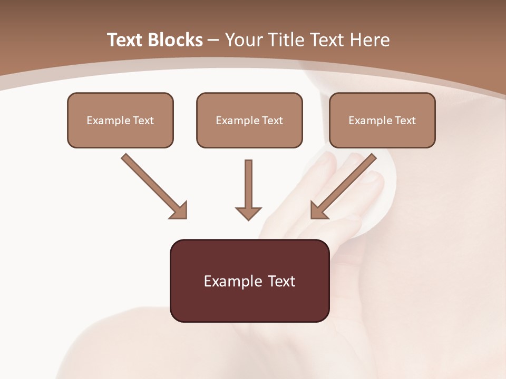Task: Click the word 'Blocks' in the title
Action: click(175, 40)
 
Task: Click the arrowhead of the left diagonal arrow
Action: click(179, 211)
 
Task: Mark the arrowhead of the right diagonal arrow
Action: click(319, 211)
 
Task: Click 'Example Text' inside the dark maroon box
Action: click(249, 281)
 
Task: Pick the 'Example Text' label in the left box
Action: click(120, 121)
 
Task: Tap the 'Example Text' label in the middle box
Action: click(249, 121)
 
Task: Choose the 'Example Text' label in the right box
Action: click(382, 121)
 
